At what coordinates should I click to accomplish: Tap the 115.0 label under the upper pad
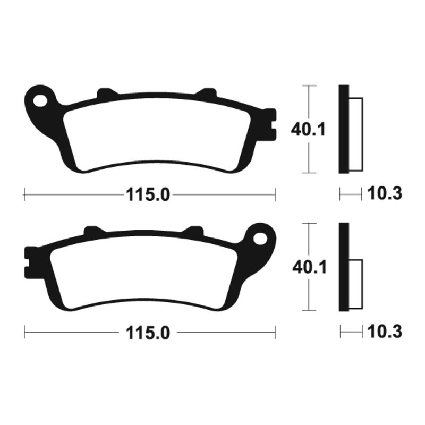pos(147,195)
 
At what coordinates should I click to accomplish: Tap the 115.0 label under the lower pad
pos(147,333)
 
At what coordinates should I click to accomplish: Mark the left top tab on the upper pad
pos(107,93)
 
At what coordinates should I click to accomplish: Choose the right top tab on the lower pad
pos(194,231)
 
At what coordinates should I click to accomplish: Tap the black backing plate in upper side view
pos(343,129)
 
